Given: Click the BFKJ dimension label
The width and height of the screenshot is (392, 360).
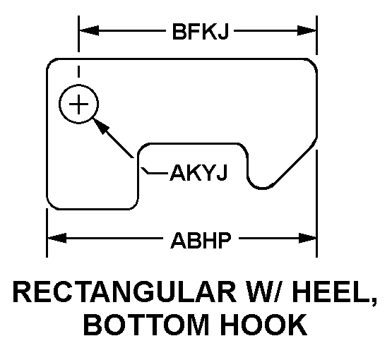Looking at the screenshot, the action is click(201, 31).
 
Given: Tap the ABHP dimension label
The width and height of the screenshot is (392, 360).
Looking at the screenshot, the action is click(201, 240).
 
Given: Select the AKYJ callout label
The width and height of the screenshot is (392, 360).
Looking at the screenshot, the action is click(198, 172).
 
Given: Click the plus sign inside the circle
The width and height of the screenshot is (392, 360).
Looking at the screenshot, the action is click(78, 104).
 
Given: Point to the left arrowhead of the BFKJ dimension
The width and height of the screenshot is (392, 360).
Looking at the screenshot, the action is click(89, 31).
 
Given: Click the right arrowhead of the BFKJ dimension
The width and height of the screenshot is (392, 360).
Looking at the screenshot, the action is click(307, 31).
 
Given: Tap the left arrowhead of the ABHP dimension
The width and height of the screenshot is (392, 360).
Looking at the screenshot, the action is click(57, 238).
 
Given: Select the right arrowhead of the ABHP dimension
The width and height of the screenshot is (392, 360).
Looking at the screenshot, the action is click(307, 238).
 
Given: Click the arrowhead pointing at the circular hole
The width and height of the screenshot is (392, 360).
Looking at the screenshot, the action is click(100, 126).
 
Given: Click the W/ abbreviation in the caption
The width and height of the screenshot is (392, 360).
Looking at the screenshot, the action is click(263, 292).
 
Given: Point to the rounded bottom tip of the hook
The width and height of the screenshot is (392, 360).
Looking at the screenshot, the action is click(262, 188).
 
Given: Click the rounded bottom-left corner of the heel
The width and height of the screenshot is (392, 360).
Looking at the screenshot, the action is click(51, 205).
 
